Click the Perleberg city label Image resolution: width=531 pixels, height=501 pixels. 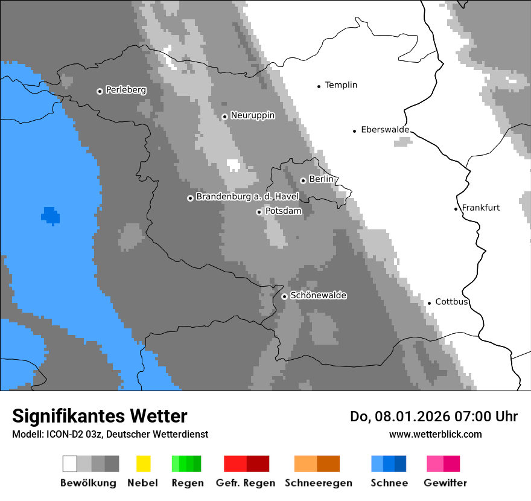(x=126, y=90)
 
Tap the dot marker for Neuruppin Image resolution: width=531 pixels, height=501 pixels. (x=224, y=116)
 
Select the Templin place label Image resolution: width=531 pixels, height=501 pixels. (x=341, y=85)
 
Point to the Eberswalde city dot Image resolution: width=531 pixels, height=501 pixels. (x=355, y=131)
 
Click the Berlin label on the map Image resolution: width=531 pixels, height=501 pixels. (x=321, y=179)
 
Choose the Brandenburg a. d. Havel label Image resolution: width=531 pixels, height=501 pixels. (x=247, y=197)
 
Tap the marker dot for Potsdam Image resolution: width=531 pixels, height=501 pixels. (x=259, y=212)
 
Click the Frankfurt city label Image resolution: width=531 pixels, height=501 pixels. (x=480, y=208)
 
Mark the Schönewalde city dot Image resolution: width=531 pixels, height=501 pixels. (x=284, y=296)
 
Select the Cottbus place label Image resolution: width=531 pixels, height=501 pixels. (x=451, y=302)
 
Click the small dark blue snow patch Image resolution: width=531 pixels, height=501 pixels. (x=50, y=215)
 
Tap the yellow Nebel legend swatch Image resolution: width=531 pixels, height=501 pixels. (x=143, y=464)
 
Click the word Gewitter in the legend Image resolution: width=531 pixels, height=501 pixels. (x=445, y=483)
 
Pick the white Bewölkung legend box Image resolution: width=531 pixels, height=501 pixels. (x=70, y=464)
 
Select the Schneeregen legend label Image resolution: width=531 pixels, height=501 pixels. (x=319, y=483)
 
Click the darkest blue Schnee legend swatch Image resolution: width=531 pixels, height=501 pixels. (x=400, y=464)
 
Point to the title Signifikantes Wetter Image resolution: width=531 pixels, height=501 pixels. (x=100, y=416)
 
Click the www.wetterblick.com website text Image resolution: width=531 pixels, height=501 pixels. (x=435, y=434)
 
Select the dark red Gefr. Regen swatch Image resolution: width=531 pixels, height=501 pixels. (x=258, y=464)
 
